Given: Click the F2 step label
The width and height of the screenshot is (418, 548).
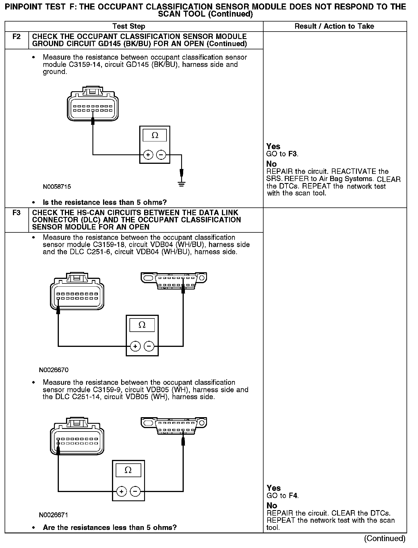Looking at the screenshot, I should point(17,37).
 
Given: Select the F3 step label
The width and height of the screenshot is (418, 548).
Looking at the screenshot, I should point(17,213).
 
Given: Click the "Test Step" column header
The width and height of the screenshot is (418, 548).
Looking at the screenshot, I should point(129,26).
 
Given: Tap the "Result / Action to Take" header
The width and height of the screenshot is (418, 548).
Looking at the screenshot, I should point(334,26).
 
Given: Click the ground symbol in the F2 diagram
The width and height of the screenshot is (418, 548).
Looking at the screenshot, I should point(181,184).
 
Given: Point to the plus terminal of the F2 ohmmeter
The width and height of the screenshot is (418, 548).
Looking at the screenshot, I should point(148,155).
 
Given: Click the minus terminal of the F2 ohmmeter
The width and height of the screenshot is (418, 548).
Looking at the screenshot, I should point(161,155).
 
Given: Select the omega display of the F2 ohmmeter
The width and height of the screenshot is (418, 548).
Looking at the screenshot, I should point(155,135).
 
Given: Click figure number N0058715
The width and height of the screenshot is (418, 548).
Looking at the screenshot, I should point(57,187).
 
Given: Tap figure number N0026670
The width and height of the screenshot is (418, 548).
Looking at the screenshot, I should point(54,370).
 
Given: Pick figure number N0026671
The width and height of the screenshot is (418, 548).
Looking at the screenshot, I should point(53,515).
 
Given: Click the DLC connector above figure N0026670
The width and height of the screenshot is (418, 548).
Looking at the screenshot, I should point(174,281).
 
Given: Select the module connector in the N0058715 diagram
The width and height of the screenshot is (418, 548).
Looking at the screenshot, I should point(92,104).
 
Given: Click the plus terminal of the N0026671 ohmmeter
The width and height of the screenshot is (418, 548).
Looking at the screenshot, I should point(121,492).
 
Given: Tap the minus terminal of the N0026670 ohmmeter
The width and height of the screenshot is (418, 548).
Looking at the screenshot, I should point(149,347).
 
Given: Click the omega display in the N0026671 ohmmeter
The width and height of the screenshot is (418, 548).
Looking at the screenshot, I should point(128,471).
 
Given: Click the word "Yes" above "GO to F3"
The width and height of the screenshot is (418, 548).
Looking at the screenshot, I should point(273,146).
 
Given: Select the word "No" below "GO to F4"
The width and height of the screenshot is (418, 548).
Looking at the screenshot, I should point(272,506).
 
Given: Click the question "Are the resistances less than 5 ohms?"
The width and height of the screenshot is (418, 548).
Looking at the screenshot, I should point(109,528).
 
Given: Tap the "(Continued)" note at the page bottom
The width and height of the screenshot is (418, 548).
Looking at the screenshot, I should point(384,539).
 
